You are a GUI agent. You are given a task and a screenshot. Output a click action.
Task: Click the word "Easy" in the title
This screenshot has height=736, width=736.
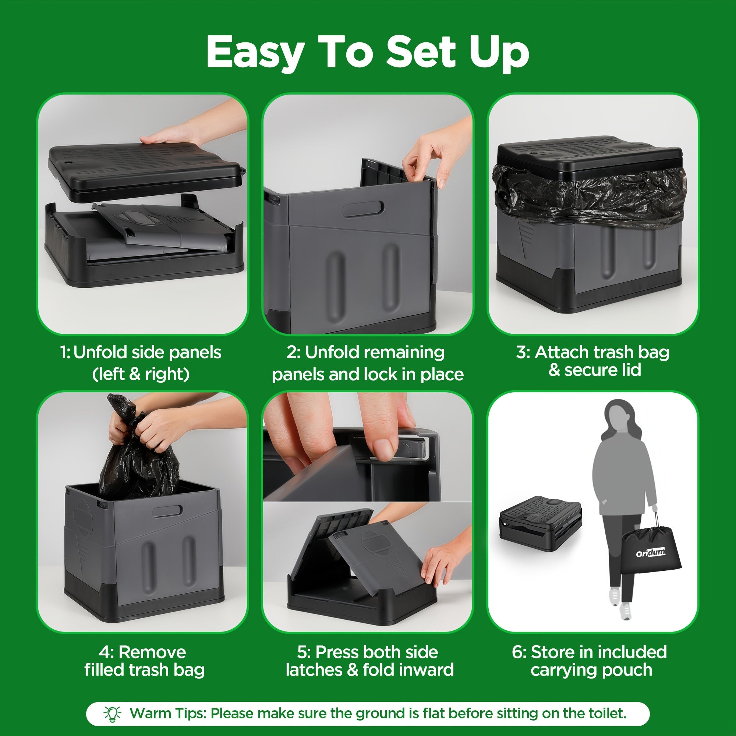[x=255, y=52]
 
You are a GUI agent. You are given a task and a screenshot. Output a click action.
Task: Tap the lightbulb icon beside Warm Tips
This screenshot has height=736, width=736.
[x=112, y=713]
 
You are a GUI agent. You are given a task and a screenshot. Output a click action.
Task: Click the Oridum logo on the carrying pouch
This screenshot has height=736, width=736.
[x=651, y=552]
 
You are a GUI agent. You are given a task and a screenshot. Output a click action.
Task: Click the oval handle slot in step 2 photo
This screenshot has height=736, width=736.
[x=363, y=209]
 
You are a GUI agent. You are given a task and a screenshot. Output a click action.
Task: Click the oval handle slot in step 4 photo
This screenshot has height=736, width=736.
[x=167, y=511]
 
